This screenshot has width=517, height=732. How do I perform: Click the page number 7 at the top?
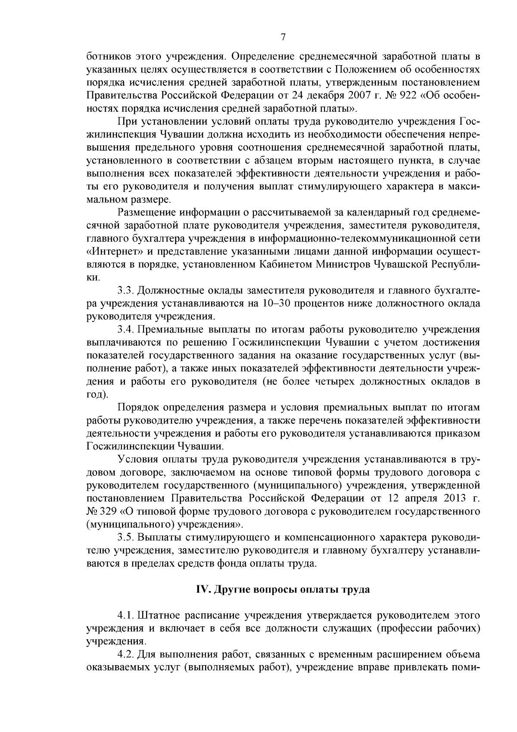[283, 37]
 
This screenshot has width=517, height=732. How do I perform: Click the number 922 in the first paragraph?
[409, 94]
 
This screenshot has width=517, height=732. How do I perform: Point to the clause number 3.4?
[126, 330]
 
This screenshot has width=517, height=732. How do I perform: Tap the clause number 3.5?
[126, 537]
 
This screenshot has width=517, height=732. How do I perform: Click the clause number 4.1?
[126, 614]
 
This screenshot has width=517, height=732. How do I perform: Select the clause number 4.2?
[126, 654]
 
